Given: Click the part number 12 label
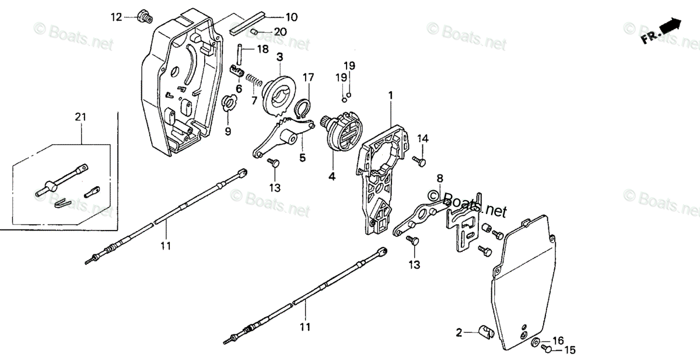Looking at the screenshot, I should coord(117,17).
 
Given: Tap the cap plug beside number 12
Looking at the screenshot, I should coord(142,16).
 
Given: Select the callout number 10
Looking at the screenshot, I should coord(290,18).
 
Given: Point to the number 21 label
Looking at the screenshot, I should coord(80,117).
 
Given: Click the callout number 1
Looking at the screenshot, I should coord(390,95).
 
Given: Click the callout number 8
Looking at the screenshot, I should coord(439,177).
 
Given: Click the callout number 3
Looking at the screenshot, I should coord(279,57).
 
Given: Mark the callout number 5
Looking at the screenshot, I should coord(302,157).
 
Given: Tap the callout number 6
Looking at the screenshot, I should coord(239,89).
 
